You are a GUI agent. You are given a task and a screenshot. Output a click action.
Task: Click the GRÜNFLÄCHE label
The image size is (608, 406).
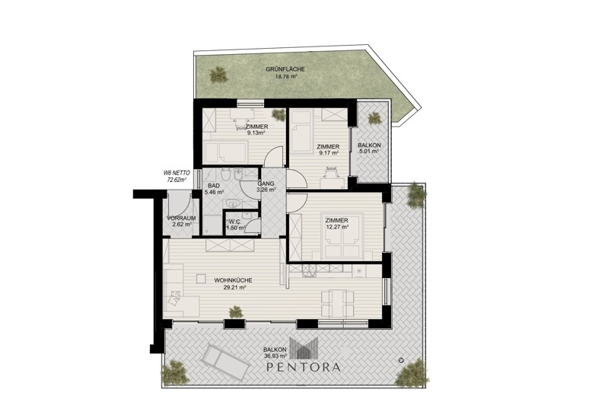[x=285, y=69]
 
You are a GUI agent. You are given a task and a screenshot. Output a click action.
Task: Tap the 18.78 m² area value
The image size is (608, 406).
[x=286, y=76]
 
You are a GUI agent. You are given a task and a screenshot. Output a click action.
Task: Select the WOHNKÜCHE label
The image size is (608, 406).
[x=233, y=280]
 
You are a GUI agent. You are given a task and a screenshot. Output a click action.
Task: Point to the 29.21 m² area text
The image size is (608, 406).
[x=234, y=288]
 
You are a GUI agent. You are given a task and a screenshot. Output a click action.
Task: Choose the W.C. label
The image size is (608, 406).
[x=234, y=222]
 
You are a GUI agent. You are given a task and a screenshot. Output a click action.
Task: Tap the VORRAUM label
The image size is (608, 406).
[x=181, y=218]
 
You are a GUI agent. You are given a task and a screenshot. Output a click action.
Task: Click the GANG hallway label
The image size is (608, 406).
[x=266, y=184]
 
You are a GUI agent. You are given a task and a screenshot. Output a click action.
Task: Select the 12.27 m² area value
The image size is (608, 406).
[x=336, y=228]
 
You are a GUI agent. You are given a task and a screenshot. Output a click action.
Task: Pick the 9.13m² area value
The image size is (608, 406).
[x=256, y=133]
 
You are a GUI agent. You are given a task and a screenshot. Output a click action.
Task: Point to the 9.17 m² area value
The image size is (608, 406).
[x=329, y=153]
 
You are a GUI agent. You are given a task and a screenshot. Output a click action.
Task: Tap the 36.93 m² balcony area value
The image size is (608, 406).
[x=275, y=356]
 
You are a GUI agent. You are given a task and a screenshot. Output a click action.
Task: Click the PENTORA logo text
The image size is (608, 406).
[x=304, y=367]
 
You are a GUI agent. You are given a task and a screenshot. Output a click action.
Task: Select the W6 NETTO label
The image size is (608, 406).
[x=173, y=174]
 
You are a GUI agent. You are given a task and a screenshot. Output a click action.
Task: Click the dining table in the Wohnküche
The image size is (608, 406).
[x=337, y=302]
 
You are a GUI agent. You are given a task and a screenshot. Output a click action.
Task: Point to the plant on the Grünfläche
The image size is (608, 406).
[x=218, y=75]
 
